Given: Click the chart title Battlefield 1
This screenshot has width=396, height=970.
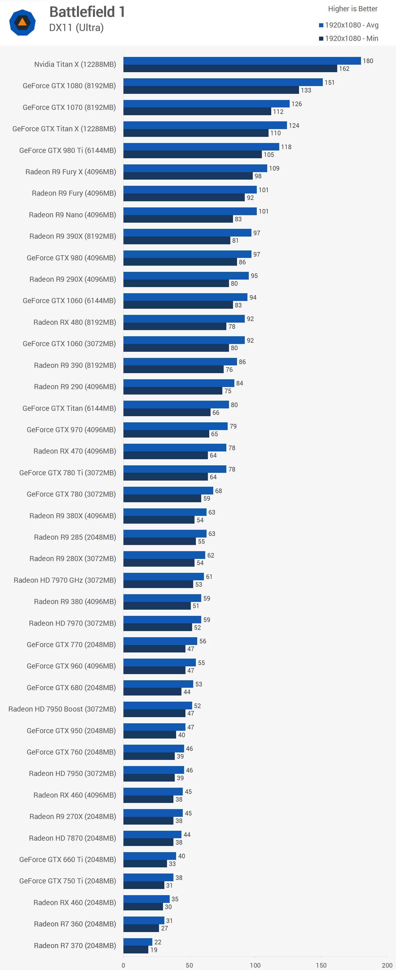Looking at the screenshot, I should (x=87, y=12).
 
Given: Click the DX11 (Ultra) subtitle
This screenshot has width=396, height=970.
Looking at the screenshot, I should (x=76, y=28).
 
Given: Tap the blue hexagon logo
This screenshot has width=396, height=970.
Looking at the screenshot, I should (x=22, y=23).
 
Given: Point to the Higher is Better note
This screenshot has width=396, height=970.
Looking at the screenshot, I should (x=352, y=9).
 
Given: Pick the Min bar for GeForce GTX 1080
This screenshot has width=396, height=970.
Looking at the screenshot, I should (x=211, y=90).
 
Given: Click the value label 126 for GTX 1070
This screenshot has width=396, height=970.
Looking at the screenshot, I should (x=297, y=104).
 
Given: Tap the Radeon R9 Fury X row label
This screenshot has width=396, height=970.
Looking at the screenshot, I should (x=70, y=172).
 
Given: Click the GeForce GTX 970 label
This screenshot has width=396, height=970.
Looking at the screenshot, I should (x=71, y=430).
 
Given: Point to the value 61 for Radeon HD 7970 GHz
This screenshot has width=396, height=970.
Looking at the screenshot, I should (x=209, y=577).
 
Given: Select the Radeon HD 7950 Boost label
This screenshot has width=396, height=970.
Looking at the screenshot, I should (x=62, y=709).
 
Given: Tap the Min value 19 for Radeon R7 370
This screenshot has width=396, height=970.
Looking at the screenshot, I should (x=154, y=950).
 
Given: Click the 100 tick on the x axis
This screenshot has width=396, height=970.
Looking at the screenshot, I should (x=255, y=965).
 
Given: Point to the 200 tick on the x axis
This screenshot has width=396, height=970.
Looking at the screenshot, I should (x=387, y=965).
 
